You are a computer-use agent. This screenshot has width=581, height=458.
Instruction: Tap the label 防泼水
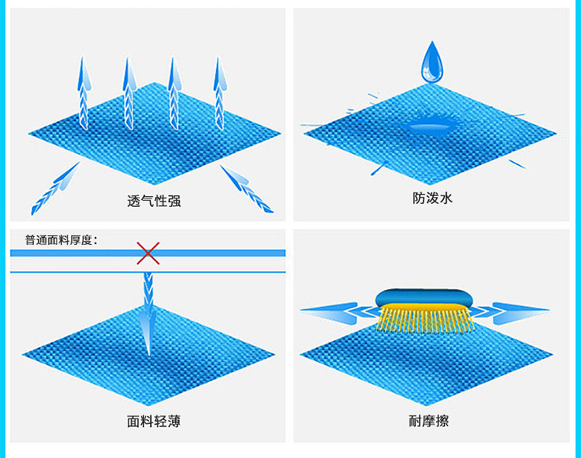[431, 199]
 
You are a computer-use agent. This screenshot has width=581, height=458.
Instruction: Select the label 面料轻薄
[153, 422]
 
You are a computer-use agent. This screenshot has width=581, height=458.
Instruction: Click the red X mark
[148, 253]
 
